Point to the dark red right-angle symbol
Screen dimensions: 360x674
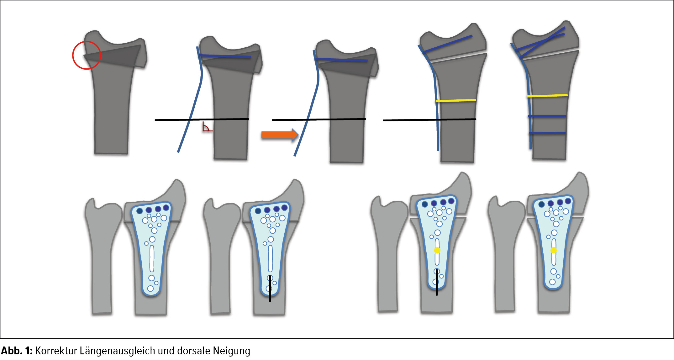tap(207, 128)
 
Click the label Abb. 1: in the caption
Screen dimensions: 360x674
tap(17, 351)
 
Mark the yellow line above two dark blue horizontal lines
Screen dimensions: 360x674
tap(547, 96)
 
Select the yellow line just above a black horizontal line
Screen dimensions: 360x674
tap(456, 101)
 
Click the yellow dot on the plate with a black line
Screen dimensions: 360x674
tap(437, 250)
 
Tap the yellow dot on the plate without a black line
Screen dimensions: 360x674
tap(554, 250)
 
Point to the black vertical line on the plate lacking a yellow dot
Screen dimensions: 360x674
tap(270, 289)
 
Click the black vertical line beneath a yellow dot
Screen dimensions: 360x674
tap(437, 282)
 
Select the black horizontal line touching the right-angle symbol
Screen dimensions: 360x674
tap(202, 119)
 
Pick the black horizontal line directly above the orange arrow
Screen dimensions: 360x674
tap(319, 119)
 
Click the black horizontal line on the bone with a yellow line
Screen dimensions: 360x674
tap(429, 120)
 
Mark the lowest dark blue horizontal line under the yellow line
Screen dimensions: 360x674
tap(547, 133)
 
